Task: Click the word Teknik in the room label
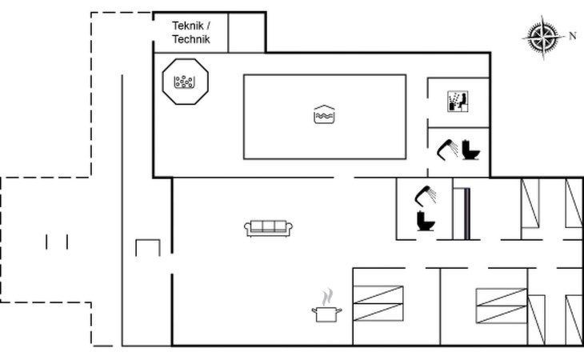pyautogui.click(x=188, y=26)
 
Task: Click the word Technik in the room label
pyautogui.click(x=191, y=39)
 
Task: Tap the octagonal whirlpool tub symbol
pyautogui.click(x=185, y=82)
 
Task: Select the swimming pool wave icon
pyautogui.click(x=325, y=114)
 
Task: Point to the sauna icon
pyautogui.click(x=458, y=101)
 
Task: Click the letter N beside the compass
pyautogui.click(x=573, y=36)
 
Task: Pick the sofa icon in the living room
pyautogui.click(x=269, y=228)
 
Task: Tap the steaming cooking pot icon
pyautogui.click(x=326, y=306)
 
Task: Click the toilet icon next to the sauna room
pyautogui.click(x=470, y=150)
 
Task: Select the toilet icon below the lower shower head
pyautogui.click(x=426, y=221)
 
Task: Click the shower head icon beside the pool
pyautogui.click(x=447, y=150)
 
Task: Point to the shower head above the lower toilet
pyautogui.click(x=426, y=195)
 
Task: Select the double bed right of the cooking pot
pyautogui.click(x=378, y=303)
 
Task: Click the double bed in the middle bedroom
pyautogui.click(x=502, y=306)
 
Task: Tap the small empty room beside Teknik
pyautogui.click(x=246, y=33)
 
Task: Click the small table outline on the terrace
pyautogui.click(x=148, y=248)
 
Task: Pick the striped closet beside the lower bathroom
pyautogui.click(x=462, y=214)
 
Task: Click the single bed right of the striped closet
pyautogui.click(x=530, y=203)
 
